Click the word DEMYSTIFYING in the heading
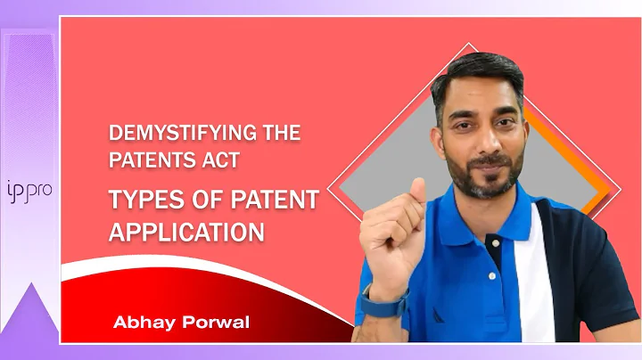click(x=168, y=135)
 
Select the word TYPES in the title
click(x=139, y=201)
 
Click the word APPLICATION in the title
click(x=186, y=232)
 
